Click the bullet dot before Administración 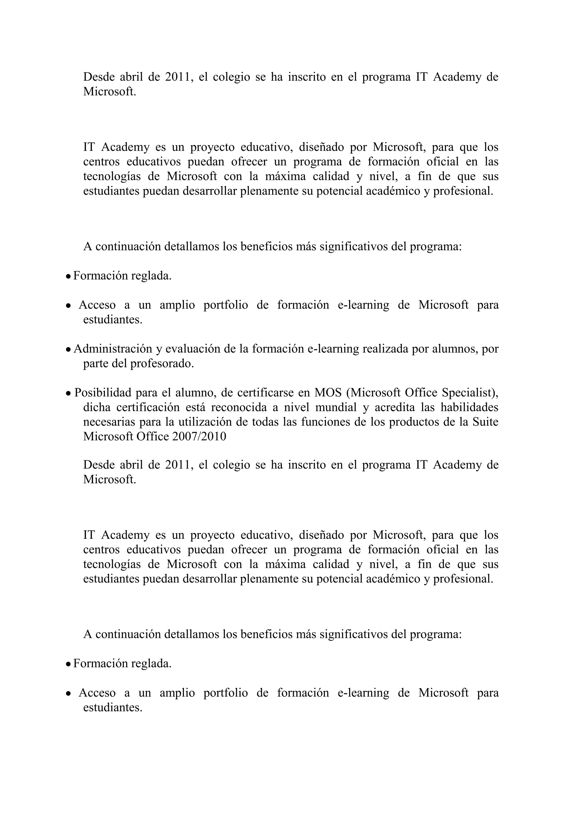68,350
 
